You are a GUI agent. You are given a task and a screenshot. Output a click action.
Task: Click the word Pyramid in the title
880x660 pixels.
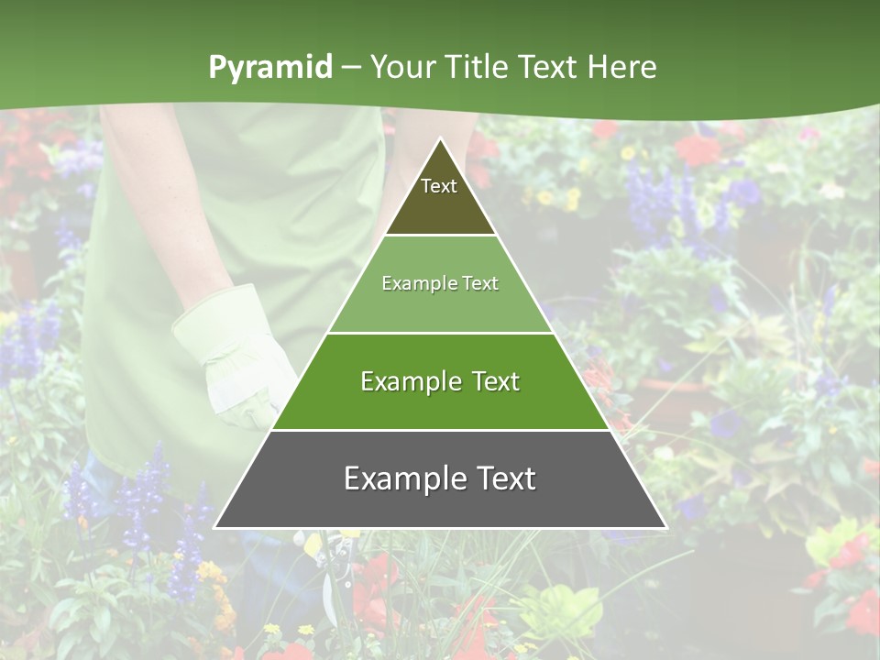[270, 68]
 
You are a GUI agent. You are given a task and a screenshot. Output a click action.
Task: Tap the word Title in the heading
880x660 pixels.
[475, 68]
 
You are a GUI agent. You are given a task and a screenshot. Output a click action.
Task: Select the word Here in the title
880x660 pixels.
[621, 68]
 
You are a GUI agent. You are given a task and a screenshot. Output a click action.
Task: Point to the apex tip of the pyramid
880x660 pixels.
[440, 139]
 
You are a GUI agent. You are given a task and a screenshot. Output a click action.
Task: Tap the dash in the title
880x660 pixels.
[351, 68]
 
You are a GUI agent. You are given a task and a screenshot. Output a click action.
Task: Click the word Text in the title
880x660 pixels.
[549, 68]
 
